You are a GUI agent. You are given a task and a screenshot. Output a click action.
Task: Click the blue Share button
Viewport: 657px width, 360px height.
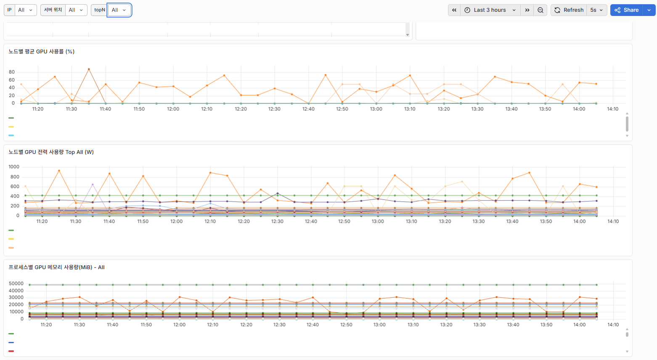pyautogui.click(x=626, y=10)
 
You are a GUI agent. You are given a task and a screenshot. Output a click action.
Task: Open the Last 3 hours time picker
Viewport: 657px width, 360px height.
pyautogui.click(x=490, y=10)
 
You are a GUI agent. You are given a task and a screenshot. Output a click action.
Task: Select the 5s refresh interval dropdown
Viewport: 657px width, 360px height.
pyautogui.click(x=596, y=10)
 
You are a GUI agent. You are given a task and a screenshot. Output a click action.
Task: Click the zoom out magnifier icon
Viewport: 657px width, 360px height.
pyautogui.click(x=540, y=10)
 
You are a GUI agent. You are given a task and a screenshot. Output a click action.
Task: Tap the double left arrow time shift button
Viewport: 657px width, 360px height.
pyautogui.click(x=454, y=10)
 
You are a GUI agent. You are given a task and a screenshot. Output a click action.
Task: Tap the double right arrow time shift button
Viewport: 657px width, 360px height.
pyautogui.click(x=527, y=10)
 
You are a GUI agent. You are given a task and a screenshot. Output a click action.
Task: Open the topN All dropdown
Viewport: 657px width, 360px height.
pyautogui.click(x=119, y=10)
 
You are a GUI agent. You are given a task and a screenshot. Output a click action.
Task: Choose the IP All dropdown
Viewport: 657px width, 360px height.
pyautogui.click(x=26, y=10)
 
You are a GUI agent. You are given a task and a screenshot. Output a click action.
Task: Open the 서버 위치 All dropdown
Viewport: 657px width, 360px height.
pyautogui.click(x=76, y=10)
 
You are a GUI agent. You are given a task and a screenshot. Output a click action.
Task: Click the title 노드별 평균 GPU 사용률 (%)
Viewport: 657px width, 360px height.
pyautogui.click(x=41, y=52)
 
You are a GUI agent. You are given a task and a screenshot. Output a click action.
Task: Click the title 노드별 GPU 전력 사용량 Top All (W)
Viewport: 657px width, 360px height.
pyautogui.click(x=51, y=152)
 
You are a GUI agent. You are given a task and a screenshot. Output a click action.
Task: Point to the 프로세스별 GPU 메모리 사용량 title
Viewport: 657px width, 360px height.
pyautogui.click(x=56, y=267)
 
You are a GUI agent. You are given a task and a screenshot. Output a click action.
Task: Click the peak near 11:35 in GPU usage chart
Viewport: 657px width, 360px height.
pyautogui.click(x=89, y=69)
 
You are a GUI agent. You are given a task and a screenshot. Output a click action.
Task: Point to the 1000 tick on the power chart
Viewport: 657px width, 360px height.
pyautogui.click(x=14, y=167)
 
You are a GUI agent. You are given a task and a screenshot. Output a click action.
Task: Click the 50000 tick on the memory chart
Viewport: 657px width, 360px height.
pyautogui.click(x=16, y=283)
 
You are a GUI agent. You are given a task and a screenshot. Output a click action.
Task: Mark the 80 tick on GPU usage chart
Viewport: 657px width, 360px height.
pyautogui.click(x=12, y=72)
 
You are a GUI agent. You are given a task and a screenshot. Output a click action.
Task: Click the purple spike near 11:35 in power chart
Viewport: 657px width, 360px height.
pyautogui.click(x=93, y=185)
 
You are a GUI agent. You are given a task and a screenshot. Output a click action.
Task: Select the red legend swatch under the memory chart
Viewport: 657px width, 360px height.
pyautogui.click(x=11, y=351)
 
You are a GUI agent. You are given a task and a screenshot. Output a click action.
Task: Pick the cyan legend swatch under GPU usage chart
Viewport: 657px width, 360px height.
pyautogui.click(x=11, y=135)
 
